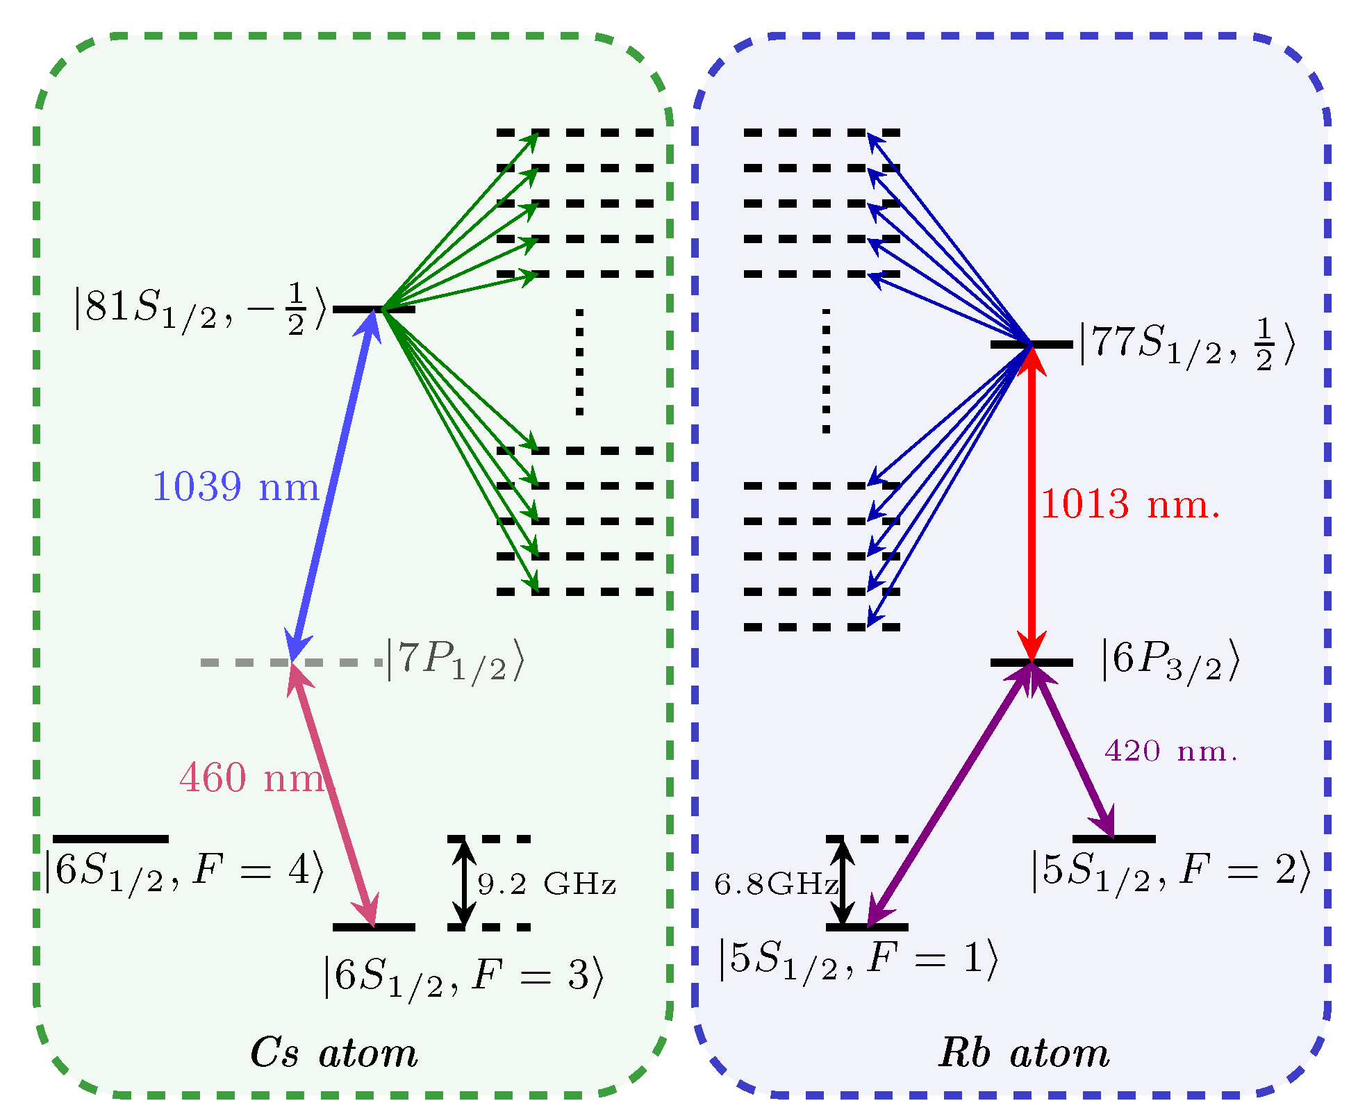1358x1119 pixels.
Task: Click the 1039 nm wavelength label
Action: [235, 486]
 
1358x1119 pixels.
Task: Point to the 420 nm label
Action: [1171, 751]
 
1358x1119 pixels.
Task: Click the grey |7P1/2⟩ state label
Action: [455, 662]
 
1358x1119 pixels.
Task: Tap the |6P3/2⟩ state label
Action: [1170, 661]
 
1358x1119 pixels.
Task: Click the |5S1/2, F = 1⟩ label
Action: [858, 961]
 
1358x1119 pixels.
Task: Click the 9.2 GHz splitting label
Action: [547, 884]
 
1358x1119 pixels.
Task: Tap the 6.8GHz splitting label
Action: [777, 884]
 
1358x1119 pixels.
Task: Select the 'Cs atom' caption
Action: [334, 1053]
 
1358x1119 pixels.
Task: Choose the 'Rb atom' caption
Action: [1024, 1053]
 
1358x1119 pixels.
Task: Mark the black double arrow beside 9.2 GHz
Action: [465, 883]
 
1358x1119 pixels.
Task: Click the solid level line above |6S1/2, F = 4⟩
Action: [110, 839]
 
